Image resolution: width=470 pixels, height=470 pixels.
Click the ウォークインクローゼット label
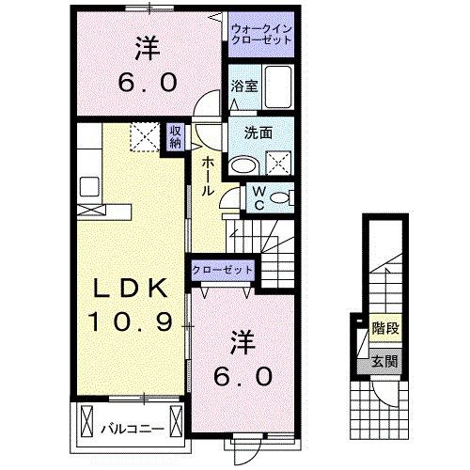(x=258, y=37)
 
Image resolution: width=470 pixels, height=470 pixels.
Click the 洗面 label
(x=258, y=133)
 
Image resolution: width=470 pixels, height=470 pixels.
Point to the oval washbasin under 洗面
(x=244, y=164)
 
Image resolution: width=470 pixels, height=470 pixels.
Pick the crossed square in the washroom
(x=279, y=164)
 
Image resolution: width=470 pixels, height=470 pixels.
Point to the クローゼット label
(x=224, y=270)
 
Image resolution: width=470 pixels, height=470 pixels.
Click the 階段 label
(x=384, y=330)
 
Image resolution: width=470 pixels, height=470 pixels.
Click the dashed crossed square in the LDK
(x=143, y=139)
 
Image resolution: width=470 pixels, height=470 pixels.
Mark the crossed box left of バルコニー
(x=86, y=419)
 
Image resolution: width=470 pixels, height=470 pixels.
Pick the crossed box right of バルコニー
(x=176, y=419)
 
